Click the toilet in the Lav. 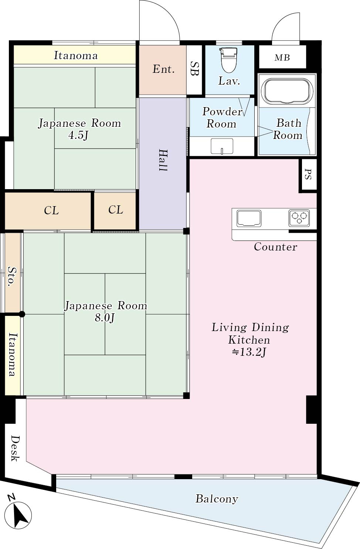click(x=229, y=59)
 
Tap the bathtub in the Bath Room click(x=287, y=91)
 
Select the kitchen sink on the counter click(x=249, y=218)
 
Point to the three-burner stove click(x=299, y=218)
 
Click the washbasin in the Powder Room click(x=222, y=146)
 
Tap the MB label click(x=282, y=58)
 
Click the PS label click(x=308, y=174)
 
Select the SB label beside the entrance click(x=194, y=68)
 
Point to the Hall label click(x=163, y=160)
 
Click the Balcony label click(x=217, y=499)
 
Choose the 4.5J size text click(x=78, y=136)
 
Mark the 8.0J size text click(x=105, y=318)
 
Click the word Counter click(x=275, y=247)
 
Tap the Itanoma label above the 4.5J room click(x=76, y=56)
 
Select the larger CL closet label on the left click(x=51, y=211)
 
